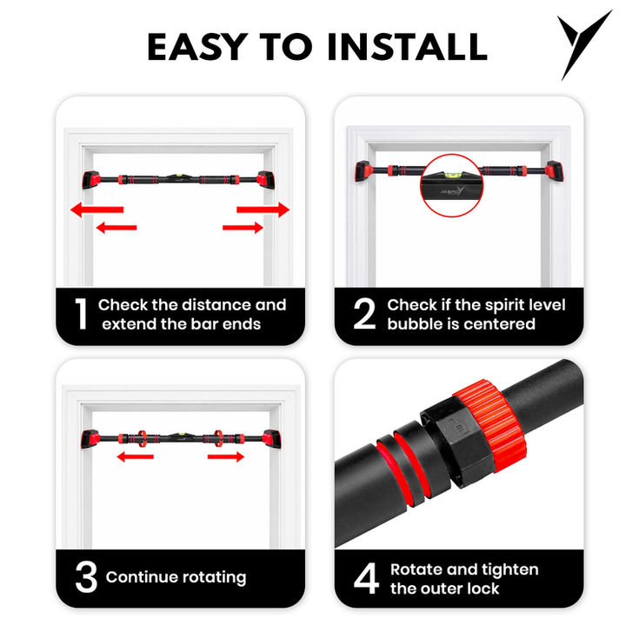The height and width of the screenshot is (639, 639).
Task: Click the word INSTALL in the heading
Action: coord(407,47)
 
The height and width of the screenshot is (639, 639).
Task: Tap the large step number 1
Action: coord(81,313)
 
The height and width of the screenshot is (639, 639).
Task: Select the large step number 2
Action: coord(364,313)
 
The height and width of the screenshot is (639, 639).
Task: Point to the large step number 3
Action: coord(86,576)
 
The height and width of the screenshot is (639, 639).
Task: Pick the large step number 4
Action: coord(366,578)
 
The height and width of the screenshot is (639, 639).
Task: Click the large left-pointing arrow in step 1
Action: coord(97,210)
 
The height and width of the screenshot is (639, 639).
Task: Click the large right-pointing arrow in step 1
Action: coord(263,210)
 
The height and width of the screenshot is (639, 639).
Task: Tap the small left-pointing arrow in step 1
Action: coord(116,228)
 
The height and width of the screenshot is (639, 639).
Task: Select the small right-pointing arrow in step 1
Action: coord(243,228)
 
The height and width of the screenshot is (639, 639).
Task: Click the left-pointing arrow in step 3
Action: coord(136,456)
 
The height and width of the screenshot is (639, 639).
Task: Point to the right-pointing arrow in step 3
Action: coord(226,456)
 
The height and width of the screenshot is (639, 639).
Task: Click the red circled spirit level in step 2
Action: coord(451,185)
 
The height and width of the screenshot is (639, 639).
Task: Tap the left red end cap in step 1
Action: coord(91,180)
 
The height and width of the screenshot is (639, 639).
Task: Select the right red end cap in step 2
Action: coord(555,171)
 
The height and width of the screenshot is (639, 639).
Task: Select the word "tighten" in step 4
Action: coord(511,569)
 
